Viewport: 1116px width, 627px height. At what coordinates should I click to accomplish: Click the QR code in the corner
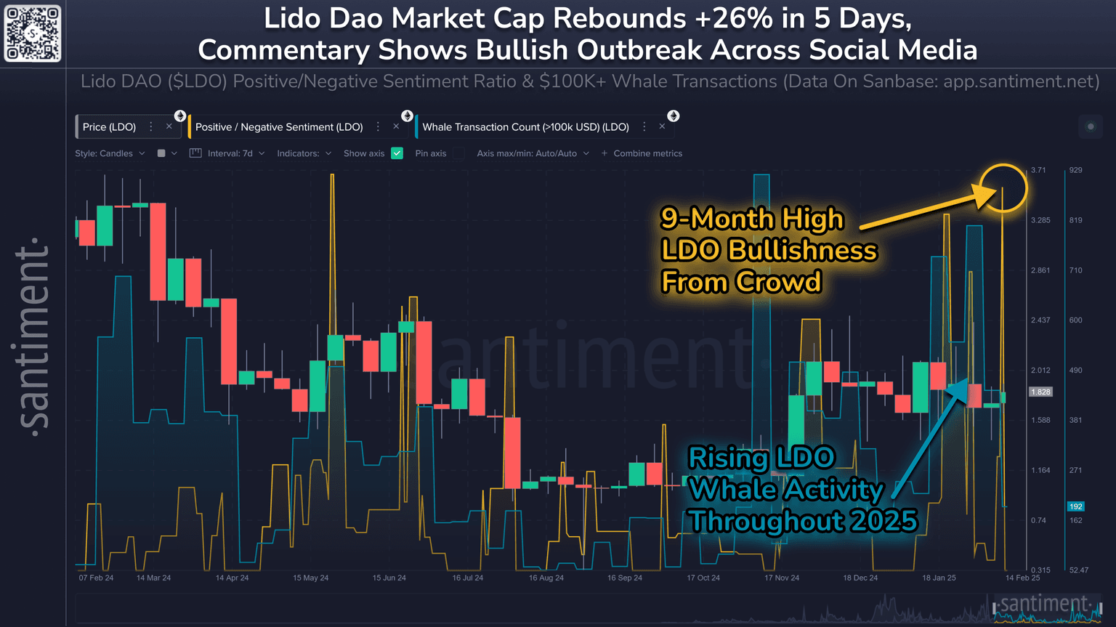33,33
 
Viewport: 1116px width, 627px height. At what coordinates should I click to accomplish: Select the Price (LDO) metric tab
109,127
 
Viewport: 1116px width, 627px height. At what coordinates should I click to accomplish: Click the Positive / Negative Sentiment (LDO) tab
279,127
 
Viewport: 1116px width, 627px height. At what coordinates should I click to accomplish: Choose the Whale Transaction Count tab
525,127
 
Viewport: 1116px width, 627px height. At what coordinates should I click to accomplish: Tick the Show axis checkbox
397,153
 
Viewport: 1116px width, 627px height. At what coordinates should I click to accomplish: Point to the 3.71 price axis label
1038,170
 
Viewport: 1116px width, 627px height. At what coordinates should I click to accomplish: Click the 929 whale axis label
1075,170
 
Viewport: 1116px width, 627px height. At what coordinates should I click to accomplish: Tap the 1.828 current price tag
1040,392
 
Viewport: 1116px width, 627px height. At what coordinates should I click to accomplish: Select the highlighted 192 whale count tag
1075,506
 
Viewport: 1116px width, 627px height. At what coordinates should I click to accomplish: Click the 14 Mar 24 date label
153,578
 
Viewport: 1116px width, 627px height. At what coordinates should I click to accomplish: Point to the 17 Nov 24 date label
781,578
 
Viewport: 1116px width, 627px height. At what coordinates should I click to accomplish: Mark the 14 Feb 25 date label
1022,578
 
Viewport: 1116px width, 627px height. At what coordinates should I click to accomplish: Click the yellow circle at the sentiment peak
1003,188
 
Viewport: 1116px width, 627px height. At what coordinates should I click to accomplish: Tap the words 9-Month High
752,219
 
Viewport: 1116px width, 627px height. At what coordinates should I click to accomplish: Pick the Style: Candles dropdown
109,153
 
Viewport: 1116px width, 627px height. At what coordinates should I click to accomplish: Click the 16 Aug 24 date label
546,578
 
